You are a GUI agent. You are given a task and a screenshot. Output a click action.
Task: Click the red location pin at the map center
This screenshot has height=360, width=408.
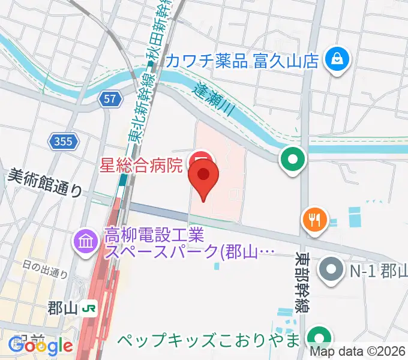(x=203, y=178)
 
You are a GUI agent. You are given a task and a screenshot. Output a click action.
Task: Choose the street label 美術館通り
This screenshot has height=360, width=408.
(x=45, y=182)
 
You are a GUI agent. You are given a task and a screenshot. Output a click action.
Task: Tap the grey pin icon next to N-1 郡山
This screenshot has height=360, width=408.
(x=331, y=268)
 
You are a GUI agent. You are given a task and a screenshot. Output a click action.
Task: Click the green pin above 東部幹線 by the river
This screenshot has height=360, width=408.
(x=293, y=160)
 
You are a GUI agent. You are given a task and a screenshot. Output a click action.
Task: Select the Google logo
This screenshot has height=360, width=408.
(x=40, y=346)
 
